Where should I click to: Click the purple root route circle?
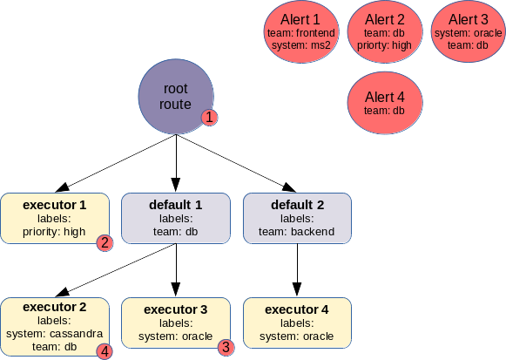pyautogui.click(x=176, y=96)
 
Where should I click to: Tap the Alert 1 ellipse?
pyautogui.click(x=301, y=31)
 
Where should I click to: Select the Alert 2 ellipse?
pyautogui.click(x=385, y=31)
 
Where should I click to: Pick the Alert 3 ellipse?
pyautogui.click(x=469, y=31)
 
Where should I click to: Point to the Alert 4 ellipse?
pyautogui.click(x=385, y=103)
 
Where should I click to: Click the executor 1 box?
pyautogui.click(x=55, y=218)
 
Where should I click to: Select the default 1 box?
pyautogui.click(x=176, y=218)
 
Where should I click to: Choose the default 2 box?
pyautogui.click(x=297, y=218)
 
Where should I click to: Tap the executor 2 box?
pyautogui.click(x=55, y=327)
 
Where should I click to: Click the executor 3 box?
pyautogui.click(x=176, y=323)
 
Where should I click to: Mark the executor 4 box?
pyautogui.click(x=297, y=323)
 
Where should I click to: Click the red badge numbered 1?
pyautogui.click(x=209, y=117)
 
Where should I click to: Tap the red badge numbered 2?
pyautogui.click(x=105, y=243)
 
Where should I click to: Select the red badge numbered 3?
pyautogui.click(x=226, y=348)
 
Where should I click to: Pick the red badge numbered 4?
pyautogui.click(x=105, y=351)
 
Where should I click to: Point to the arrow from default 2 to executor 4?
pyautogui.click(x=297, y=270)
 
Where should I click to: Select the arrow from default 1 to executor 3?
pyautogui.click(x=176, y=270)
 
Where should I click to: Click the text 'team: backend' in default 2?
pyautogui.click(x=297, y=232)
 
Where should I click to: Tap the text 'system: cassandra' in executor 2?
pyautogui.click(x=55, y=334)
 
